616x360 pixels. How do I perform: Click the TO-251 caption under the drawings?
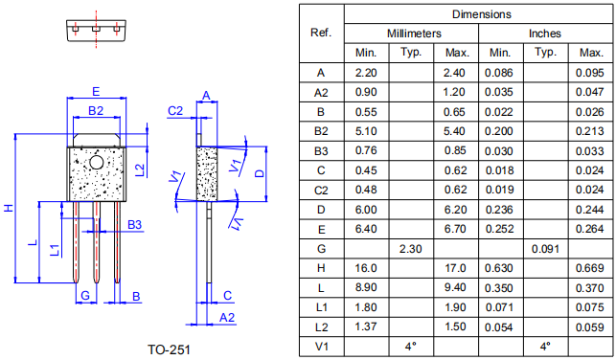[x=169, y=349]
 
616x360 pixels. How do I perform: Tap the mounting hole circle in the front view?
[x=96, y=162]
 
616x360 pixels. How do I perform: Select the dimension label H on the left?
[x=9, y=208]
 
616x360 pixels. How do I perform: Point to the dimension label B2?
[x=96, y=111]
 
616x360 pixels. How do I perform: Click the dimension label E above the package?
[x=96, y=92]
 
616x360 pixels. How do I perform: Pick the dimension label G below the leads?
[x=85, y=296]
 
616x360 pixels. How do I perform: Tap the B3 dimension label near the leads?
[x=134, y=225]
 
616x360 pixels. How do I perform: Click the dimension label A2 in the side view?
[x=227, y=317]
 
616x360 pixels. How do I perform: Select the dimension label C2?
[x=175, y=111]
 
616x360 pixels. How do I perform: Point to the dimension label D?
[x=260, y=173]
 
